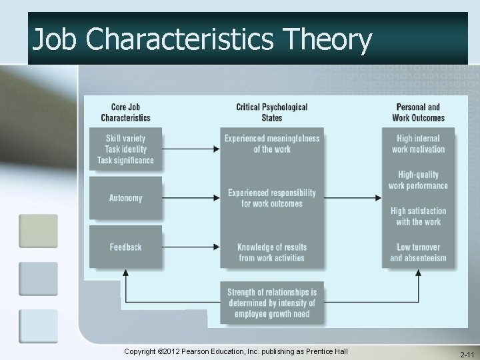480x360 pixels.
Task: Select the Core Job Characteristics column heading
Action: pos(125,112)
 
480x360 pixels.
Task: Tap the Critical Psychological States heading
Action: pos(272,112)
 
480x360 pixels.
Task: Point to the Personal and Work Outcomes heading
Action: pos(418,112)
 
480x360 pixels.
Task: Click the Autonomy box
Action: pos(125,198)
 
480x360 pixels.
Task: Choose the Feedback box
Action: pos(125,247)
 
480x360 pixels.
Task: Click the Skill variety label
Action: pos(125,139)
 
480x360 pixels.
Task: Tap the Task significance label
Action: pos(125,160)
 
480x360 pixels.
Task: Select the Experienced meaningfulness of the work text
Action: pos(272,144)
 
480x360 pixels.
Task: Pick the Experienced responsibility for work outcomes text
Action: pos(272,198)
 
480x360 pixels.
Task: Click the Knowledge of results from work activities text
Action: pos(272,252)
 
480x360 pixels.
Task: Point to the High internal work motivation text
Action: pos(418,144)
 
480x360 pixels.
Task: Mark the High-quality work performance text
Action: pos(418,180)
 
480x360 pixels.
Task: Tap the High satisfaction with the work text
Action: pos(418,216)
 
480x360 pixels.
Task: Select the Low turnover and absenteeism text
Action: pos(418,252)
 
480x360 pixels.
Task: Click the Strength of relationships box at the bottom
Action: pos(272,303)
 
